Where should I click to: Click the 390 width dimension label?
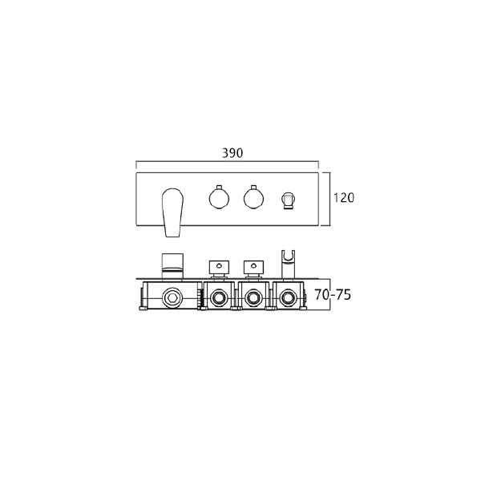(x=232, y=153)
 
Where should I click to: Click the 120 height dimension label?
(x=344, y=197)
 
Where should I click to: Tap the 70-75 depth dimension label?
(x=333, y=294)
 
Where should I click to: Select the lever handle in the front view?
(x=172, y=212)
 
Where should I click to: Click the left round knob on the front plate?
(x=219, y=198)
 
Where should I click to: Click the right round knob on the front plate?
(x=253, y=198)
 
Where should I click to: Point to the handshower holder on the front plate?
(x=288, y=200)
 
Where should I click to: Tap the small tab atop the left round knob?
(x=219, y=187)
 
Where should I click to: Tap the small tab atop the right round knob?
(x=253, y=187)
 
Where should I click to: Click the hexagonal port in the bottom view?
(x=172, y=297)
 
